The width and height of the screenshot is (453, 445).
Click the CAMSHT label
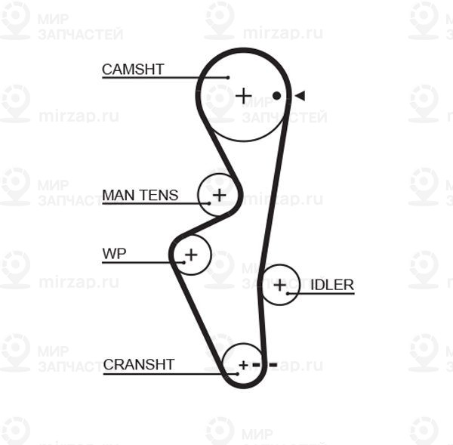133,70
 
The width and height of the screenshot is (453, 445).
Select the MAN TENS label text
140,195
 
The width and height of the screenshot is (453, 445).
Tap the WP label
114,254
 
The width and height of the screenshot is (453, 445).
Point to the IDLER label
332,285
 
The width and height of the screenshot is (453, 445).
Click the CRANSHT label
139,365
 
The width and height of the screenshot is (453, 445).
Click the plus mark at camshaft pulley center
244,96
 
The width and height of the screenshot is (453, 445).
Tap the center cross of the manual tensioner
219,195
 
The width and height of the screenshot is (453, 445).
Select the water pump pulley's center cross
191,255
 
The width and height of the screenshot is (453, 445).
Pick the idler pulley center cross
279,285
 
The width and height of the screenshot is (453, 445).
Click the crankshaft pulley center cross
244,366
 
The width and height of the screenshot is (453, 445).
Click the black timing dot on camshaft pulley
277,96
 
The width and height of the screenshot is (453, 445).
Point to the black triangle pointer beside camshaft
300,96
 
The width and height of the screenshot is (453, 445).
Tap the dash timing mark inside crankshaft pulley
256,365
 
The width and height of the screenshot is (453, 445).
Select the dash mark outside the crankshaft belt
273,365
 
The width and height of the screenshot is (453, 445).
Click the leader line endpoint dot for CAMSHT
228,78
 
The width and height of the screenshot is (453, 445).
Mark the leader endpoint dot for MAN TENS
209,203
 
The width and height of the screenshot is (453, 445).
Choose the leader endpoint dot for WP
184,263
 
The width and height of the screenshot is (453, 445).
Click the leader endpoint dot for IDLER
288,293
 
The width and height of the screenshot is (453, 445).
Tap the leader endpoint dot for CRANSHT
238,374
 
